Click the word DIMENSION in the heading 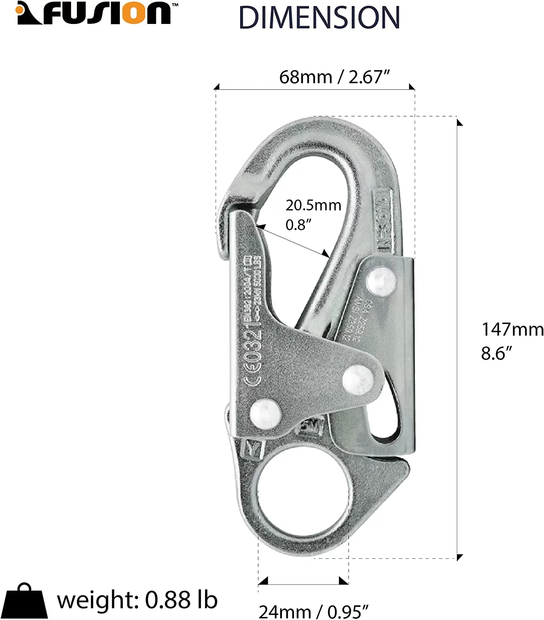pos(319,17)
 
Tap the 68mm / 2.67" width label pos(334,77)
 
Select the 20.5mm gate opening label pos(313,205)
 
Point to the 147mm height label pos(512,329)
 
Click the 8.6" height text pos(496,353)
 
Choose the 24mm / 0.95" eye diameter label pos(313,611)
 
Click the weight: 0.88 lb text pos(137,600)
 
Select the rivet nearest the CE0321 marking pos(265,413)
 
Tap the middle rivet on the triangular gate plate pos(358,378)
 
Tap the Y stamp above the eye pos(254,448)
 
